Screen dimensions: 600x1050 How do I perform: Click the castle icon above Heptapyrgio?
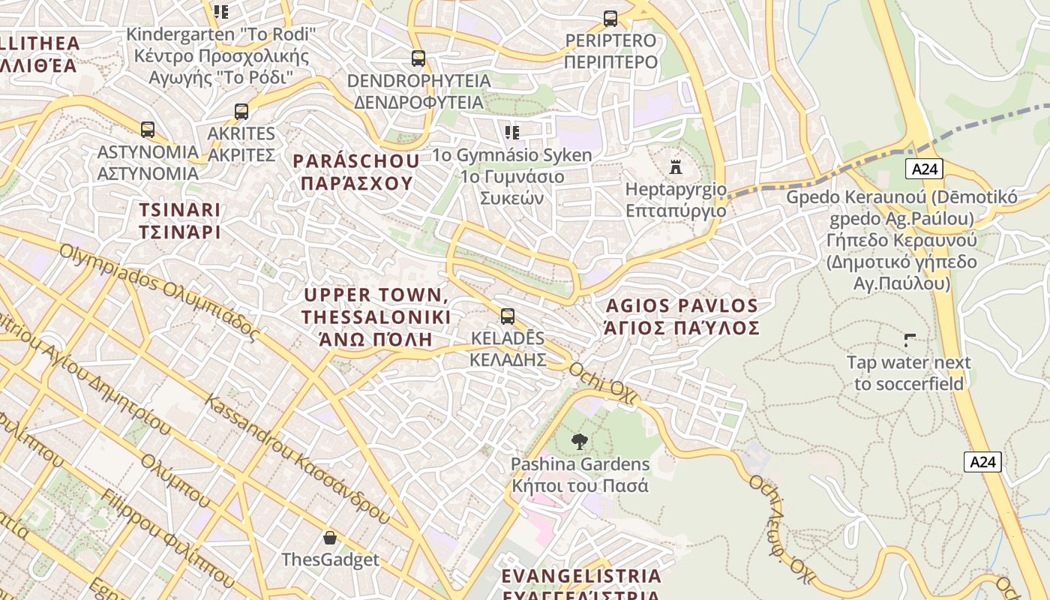click(676, 166)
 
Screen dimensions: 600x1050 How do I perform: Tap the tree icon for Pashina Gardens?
click(579, 442)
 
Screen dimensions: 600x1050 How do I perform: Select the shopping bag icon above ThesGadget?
click(329, 537)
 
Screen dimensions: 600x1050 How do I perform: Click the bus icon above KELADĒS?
click(508, 316)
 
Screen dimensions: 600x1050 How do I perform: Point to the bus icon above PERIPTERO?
click(610, 18)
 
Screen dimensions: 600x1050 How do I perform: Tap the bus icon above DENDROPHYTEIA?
click(418, 58)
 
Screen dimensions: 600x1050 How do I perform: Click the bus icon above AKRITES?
click(241, 112)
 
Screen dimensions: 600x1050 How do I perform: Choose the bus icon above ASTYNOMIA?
click(148, 130)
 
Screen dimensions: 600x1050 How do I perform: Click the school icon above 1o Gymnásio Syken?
click(512, 133)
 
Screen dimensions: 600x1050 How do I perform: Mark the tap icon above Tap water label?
click(910, 340)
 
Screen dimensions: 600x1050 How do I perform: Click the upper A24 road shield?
click(923, 169)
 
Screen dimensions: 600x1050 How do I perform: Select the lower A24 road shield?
click(982, 461)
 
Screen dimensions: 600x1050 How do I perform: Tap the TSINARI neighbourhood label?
click(180, 220)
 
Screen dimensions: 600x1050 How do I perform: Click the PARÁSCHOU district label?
click(356, 172)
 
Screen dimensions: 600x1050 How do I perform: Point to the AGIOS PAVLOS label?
click(682, 316)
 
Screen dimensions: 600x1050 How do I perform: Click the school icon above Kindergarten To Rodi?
click(220, 11)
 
